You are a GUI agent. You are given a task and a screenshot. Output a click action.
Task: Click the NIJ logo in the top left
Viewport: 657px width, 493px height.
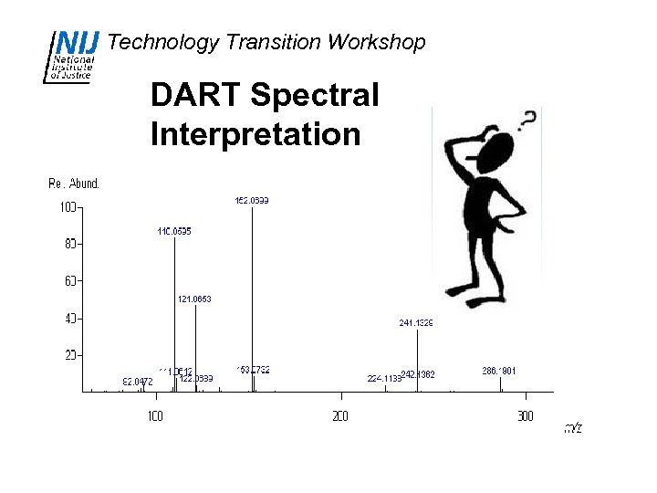[x=73, y=56]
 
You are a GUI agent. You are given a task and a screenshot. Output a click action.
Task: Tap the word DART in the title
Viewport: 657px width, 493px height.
[x=194, y=95]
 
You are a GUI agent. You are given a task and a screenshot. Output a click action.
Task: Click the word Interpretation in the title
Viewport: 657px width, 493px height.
[x=255, y=134]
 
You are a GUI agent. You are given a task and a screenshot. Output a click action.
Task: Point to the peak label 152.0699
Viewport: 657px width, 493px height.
[x=252, y=200]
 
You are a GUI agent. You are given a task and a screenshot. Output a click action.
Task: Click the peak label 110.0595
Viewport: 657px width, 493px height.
[x=174, y=231]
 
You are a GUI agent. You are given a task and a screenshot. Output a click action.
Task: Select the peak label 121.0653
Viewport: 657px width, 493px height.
[x=194, y=299]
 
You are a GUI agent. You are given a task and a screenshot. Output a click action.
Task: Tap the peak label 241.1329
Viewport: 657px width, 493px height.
[x=416, y=322]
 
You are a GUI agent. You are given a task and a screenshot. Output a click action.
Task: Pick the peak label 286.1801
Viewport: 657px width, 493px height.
[x=499, y=371]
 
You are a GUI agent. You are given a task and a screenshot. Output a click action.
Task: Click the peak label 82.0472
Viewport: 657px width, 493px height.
[x=138, y=382]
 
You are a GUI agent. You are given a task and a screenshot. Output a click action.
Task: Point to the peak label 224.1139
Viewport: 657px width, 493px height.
[x=384, y=378]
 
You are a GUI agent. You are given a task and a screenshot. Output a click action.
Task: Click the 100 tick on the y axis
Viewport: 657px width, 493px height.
[x=68, y=207]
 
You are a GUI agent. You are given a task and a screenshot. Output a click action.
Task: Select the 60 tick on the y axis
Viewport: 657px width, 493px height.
[x=69, y=281]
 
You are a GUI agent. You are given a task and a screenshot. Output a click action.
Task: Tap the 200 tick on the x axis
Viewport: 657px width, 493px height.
[x=339, y=416]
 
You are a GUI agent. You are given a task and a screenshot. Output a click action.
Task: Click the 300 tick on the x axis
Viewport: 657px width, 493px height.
[x=525, y=416]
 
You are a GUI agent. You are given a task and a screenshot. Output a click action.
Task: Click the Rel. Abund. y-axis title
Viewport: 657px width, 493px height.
[x=74, y=184]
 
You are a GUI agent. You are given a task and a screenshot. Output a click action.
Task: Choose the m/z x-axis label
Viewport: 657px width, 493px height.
[x=572, y=427]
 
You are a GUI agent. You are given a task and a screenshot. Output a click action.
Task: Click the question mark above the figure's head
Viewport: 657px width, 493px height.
[x=527, y=119]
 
